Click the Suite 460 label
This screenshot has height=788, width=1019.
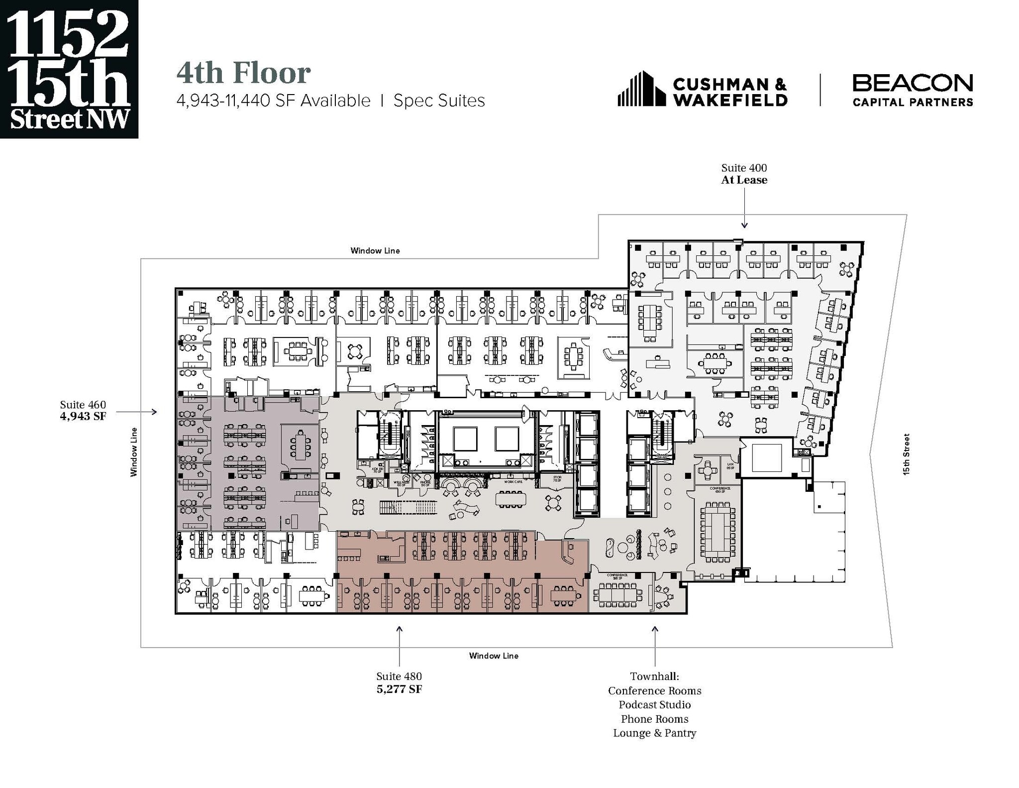[x=83, y=405]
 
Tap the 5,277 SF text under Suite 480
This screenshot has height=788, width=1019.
[x=399, y=689]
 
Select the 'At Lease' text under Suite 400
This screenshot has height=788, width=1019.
[x=744, y=180]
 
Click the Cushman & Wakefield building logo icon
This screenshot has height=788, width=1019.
[x=641, y=89]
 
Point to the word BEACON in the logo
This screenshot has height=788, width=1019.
[x=913, y=83]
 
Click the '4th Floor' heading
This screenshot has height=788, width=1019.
[x=244, y=73]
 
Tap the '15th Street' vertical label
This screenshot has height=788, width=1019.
[x=906, y=454]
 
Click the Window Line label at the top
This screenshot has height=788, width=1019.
[x=375, y=250]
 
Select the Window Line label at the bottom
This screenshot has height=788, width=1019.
[x=494, y=656]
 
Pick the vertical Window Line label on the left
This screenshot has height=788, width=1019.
[x=133, y=452]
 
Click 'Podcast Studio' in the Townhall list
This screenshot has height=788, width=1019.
[x=654, y=704]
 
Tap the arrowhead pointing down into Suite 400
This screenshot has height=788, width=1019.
[x=744, y=225]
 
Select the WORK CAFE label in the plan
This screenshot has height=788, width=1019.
[x=513, y=482]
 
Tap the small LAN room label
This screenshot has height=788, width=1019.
[x=730, y=466]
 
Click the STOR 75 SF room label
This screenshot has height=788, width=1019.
[x=557, y=479]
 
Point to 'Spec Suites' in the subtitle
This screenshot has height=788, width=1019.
[x=439, y=101]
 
